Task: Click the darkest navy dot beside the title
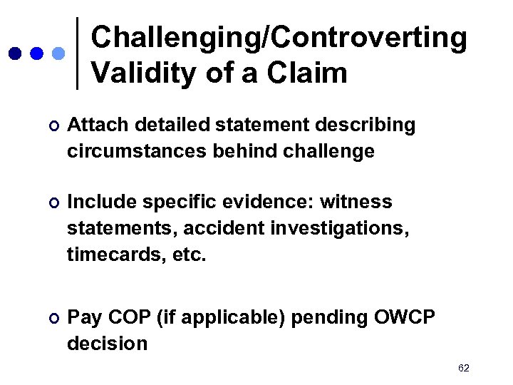pyautogui.click(x=15, y=53)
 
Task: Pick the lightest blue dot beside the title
pyautogui.click(x=59, y=53)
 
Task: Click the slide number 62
pyautogui.click(x=464, y=368)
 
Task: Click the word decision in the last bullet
pyautogui.click(x=107, y=344)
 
